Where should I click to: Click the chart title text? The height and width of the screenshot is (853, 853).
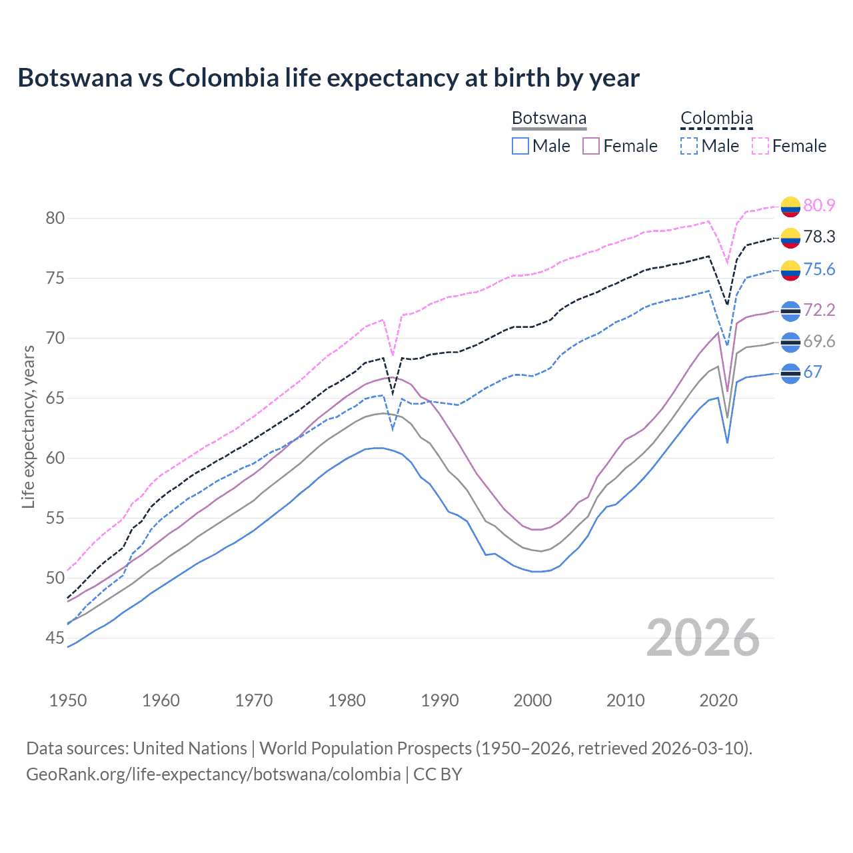(329, 78)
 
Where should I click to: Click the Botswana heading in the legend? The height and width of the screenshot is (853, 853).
(549, 119)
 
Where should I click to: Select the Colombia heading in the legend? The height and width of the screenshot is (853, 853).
(716, 119)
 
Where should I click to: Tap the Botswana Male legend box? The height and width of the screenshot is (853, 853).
(520, 146)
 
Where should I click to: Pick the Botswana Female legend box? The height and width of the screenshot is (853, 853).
(592, 146)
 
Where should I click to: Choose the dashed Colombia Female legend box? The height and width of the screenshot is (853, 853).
(760, 146)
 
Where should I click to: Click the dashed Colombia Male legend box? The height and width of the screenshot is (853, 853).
(690, 146)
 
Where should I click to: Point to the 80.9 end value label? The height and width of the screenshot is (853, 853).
(819, 205)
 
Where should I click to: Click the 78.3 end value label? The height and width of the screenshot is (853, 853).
(819, 237)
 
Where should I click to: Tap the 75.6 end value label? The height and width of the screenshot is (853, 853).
(819, 269)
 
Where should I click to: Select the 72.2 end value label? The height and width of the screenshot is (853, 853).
(819, 310)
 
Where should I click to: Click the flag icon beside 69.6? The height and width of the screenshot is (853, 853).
(790, 342)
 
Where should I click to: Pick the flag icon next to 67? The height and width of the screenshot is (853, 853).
(790, 373)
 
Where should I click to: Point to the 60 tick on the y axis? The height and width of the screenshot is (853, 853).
(55, 458)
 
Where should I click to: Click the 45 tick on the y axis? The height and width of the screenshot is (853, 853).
(55, 638)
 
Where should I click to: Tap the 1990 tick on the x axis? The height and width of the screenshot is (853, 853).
(440, 700)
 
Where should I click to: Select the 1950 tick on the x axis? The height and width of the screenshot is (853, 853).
(69, 700)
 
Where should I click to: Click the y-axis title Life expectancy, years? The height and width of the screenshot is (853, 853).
(29, 426)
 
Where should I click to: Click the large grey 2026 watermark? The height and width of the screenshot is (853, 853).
(702, 638)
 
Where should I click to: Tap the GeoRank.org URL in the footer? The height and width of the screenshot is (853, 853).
(213, 774)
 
